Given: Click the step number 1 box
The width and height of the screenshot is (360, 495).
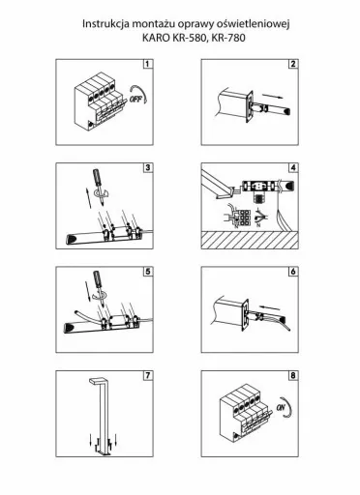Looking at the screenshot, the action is pyautogui.click(x=147, y=64).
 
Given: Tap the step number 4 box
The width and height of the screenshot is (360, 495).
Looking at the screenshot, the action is pyautogui.click(x=293, y=167).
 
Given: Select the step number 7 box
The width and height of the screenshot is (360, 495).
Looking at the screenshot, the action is pyautogui.click(x=147, y=375).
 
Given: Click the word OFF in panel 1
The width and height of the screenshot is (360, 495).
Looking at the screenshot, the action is pyautogui.click(x=135, y=99).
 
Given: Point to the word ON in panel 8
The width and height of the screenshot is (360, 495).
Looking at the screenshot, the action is pyautogui.click(x=281, y=407).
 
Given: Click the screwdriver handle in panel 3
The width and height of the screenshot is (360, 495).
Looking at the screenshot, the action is pyautogui.click(x=98, y=177).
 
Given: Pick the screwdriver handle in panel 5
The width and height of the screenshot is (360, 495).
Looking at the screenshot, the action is pyautogui.click(x=98, y=279).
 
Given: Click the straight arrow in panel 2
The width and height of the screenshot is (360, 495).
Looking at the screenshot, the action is pyautogui.click(x=273, y=96).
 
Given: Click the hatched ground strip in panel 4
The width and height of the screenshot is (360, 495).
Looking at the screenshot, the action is pyautogui.click(x=250, y=240).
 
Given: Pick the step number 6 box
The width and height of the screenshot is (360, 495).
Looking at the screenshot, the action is pyautogui.click(x=293, y=272).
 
